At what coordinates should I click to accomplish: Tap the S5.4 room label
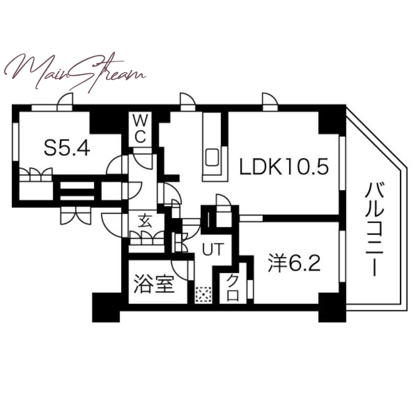(x=67, y=148)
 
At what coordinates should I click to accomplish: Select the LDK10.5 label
(x=284, y=167)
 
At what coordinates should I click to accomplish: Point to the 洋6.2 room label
(x=294, y=264)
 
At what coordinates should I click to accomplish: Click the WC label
(x=140, y=130)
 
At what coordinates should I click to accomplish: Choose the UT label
(x=213, y=250)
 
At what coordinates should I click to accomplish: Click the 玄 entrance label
(x=145, y=221)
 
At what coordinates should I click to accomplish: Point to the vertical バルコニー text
(x=374, y=229)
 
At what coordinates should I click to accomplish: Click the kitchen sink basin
(x=212, y=158)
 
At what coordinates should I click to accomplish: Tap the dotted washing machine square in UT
(x=204, y=295)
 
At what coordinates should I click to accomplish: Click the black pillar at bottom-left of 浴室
(x=106, y=307)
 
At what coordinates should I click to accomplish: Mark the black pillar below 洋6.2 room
(x=332, y=308)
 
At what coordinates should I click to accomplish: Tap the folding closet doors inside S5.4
(x=36, y=175)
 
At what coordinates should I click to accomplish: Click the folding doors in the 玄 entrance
(x=147, y=238)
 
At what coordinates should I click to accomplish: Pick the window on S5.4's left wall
(x=16, y=142)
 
